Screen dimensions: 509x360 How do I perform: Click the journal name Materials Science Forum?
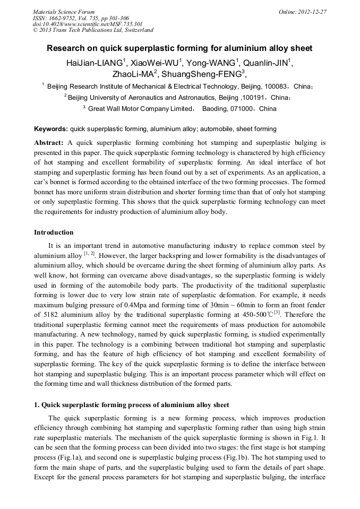pyautogui.click(x=64, y=12)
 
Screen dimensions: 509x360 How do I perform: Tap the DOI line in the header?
pyautogui.click(x=88, y=24)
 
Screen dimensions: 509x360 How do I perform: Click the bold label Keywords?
pyautogui.click(x=51, y=129)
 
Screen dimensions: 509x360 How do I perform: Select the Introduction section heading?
pyautogui.click(x=54, y=232)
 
